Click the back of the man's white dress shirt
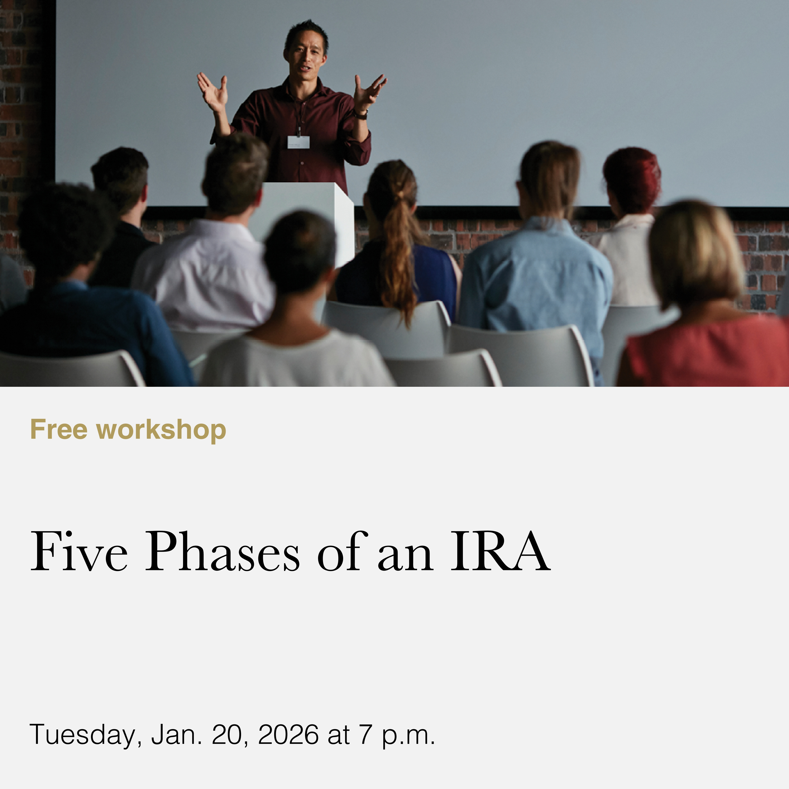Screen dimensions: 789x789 pos(204,278)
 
